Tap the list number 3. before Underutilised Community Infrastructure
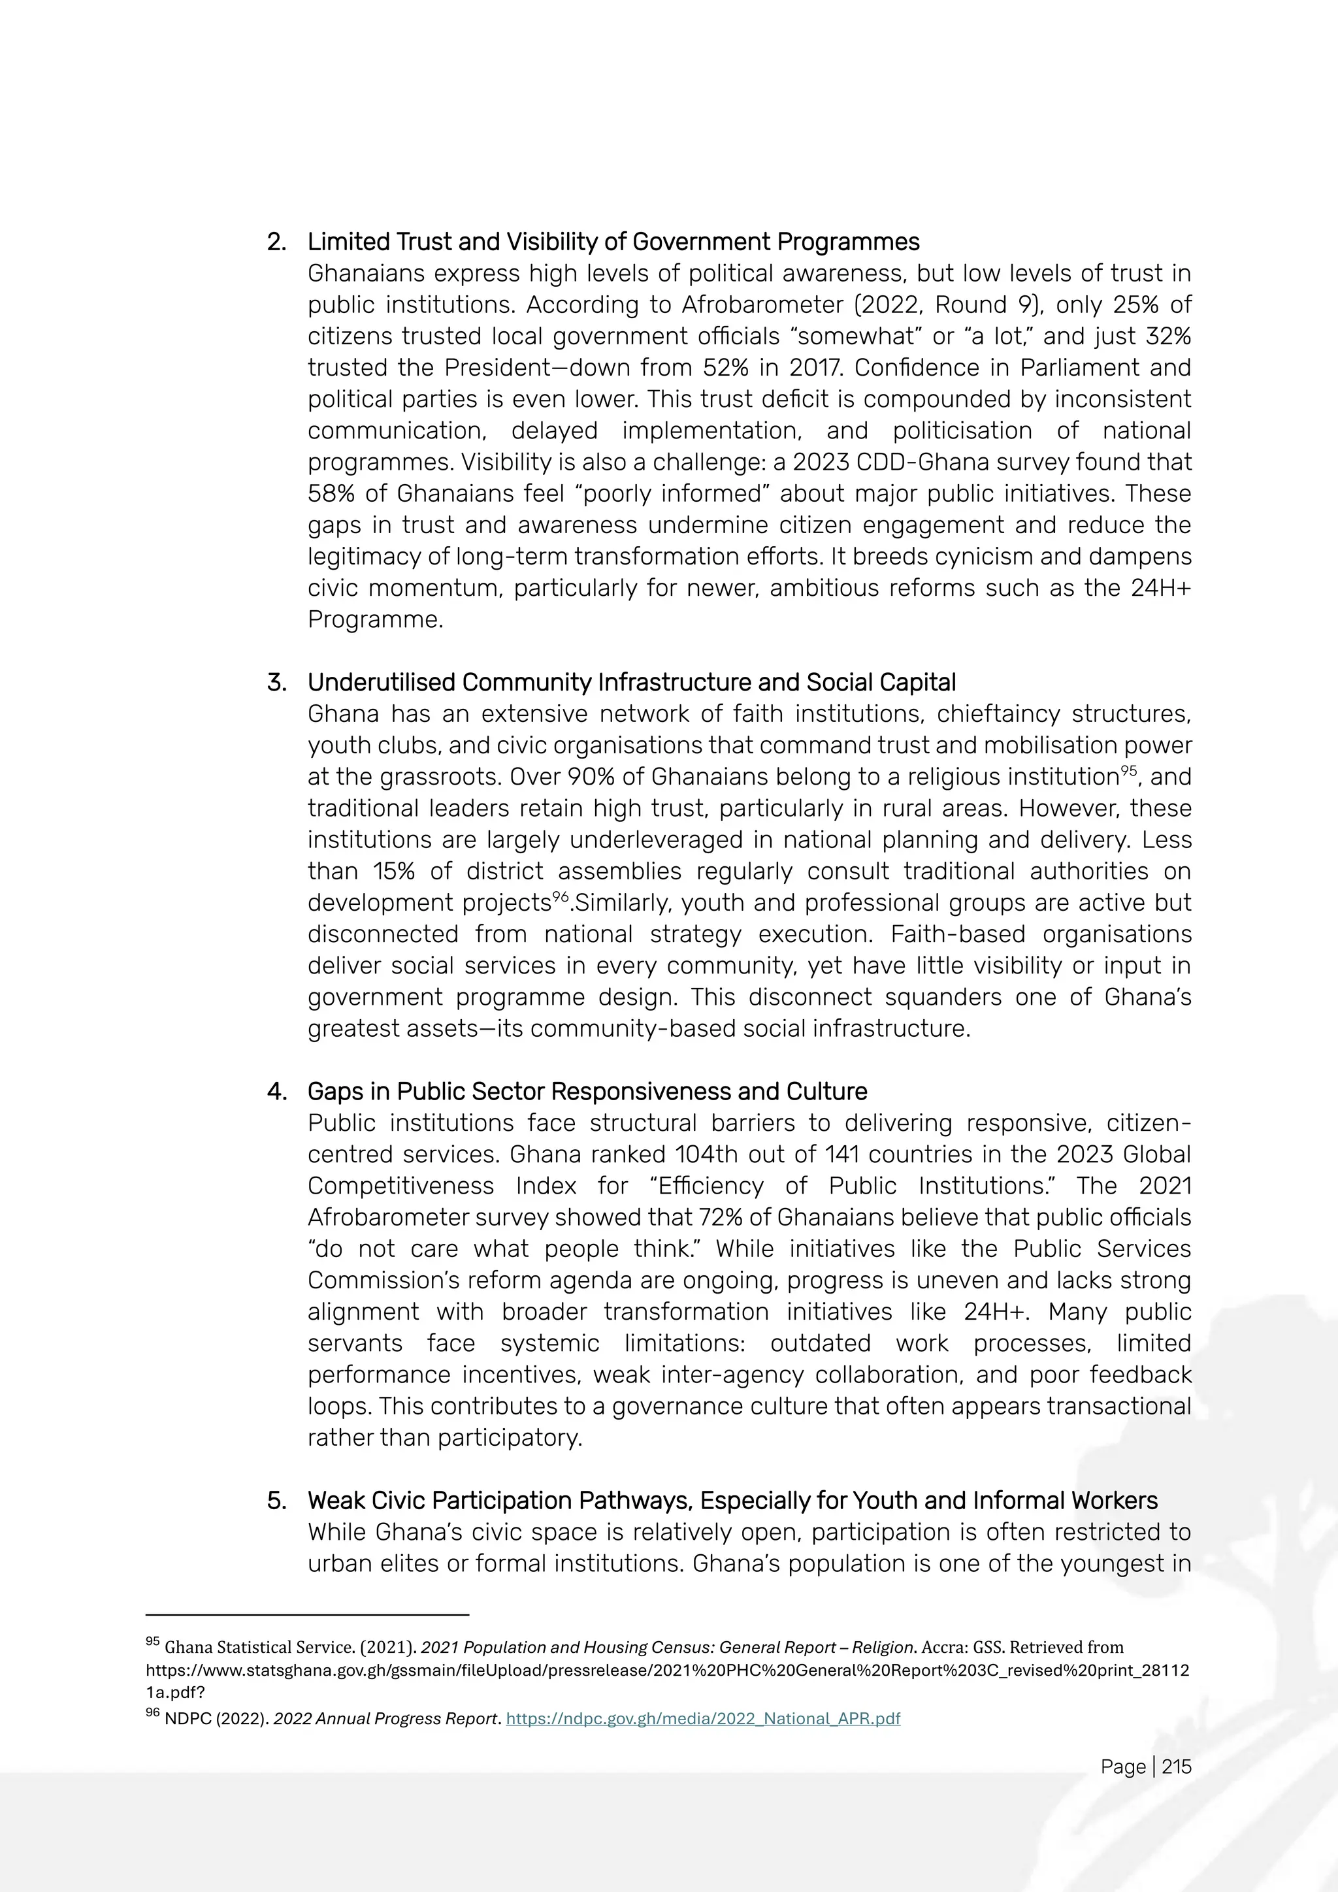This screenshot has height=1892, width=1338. click(x=277, y=683)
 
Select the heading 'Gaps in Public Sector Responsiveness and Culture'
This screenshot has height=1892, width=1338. click(x=587, y=1092)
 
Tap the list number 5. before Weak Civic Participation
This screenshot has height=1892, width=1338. click(x=277, y=1501)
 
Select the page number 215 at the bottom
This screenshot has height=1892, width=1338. click(x=1177, y=1767)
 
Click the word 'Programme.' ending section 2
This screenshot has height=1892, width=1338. click(x=375, y=620)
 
